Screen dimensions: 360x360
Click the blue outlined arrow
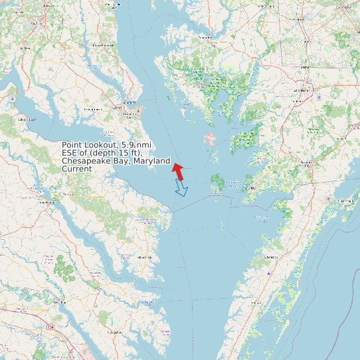coord(181,190)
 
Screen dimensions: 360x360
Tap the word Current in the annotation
coord(77,169)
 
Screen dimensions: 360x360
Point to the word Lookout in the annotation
coord(100,145)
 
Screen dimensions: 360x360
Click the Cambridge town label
coord(206,38)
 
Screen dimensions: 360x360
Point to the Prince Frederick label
coord(104,45)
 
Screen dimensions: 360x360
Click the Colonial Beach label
coord(27,119)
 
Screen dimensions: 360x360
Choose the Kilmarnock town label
coord(143,256)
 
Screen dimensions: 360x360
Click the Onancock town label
coord(270,256)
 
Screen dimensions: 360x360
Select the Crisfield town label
coord(250,188)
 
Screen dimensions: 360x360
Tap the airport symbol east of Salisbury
coord(320,97)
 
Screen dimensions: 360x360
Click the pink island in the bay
coord(210,139)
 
